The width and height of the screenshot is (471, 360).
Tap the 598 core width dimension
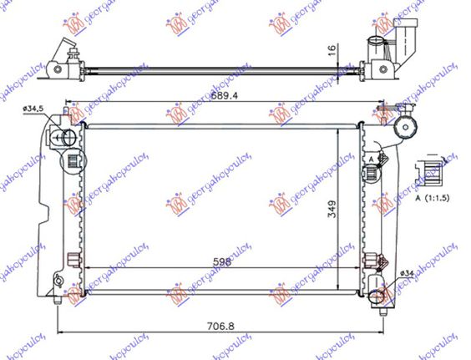coord(222,261)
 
